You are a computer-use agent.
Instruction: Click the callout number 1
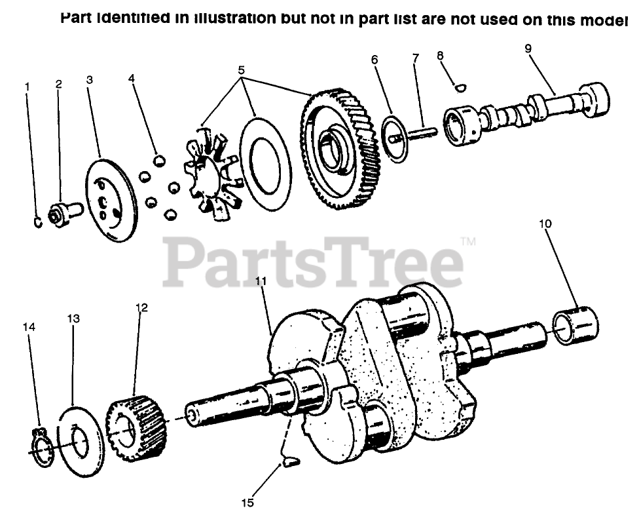click(x=27, y=87)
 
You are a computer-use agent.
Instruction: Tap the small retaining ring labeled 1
click(x=38, y=222)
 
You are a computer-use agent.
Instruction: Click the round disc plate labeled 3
click(x=111, y=200)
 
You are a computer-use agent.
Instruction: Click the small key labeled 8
click(x=460, y=86)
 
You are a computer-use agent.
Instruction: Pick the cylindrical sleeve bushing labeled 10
click(x=576, y=325)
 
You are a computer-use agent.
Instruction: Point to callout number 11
click(x=261, y=282)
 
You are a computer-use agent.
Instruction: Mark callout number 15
click(x=247, y=503)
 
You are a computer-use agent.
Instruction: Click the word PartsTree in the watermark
click(x=313, y=262)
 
